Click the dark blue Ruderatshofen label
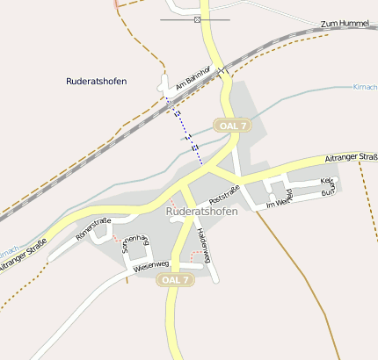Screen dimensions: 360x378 click(97, 81)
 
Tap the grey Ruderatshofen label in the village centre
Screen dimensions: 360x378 click(201, 212)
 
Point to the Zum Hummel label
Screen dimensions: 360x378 click(344, 24)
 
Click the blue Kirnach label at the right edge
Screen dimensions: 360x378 click(365, 87)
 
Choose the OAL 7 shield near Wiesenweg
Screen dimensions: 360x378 click(174, 279)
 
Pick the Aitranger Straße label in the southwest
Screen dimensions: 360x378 click(21, 257)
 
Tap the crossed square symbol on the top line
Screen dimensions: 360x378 click(197, 19)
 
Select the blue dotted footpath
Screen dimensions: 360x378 click(188, 132)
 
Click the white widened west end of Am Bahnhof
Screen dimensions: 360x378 click(164, 85)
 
